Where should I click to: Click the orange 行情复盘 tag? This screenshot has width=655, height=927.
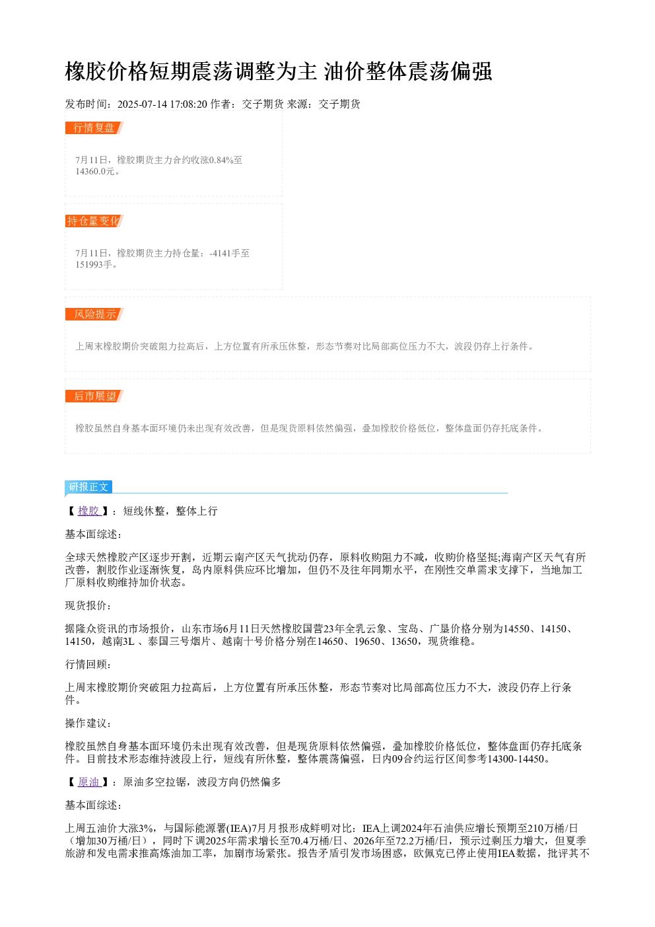coord(94,128)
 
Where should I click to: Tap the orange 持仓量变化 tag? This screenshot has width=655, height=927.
coord(94,221)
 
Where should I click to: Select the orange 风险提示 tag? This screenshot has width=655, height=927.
coord(94,314)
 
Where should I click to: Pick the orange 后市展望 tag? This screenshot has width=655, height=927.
coord(94,396)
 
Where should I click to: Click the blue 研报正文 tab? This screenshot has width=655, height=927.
coord(88,487)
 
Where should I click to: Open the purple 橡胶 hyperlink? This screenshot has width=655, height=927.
coord(89,511)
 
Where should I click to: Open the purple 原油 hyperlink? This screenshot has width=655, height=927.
coord(89,782)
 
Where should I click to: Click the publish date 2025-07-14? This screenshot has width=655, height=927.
coord(142,104)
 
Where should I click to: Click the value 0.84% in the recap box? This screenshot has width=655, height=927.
coord(221,160)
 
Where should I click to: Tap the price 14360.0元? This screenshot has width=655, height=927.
coord(94,171)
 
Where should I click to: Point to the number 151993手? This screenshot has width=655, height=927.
coord(94,264)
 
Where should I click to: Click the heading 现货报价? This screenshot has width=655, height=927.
coord(88,605)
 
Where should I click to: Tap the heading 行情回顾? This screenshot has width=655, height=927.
coord(88,664)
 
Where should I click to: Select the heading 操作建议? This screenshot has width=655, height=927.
coord(88,723)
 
